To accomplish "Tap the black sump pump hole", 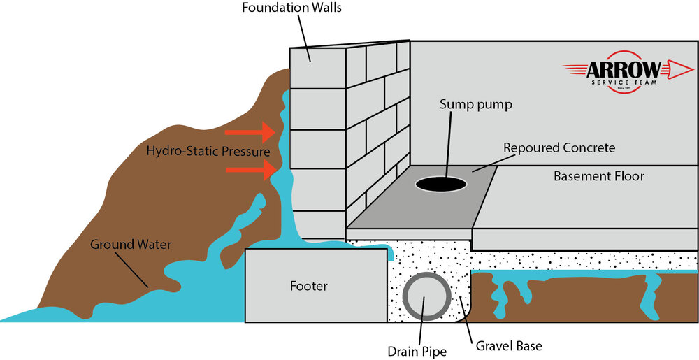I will pyautogui.click(x=441, y=184).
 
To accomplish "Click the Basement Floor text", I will pyautogui.click(x=599, y=176).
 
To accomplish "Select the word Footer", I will pyautogui.click(x=308, y=286).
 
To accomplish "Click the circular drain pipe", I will pyautogui.click(x=422, y=296).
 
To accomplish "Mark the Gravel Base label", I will pyautogui.click(x=509, y=345).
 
